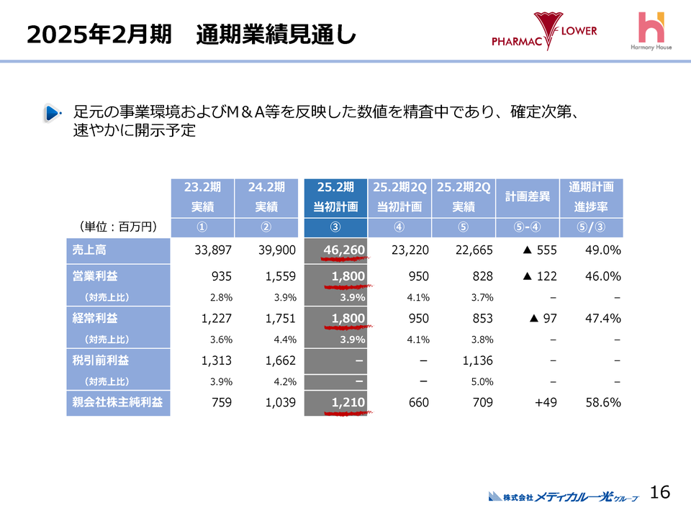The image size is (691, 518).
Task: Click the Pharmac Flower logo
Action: tap(544, 32)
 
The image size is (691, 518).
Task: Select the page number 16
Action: tap(659, 492)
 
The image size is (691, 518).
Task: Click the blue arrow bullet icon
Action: tap(53, 113)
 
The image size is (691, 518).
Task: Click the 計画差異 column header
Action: tap(527, 196)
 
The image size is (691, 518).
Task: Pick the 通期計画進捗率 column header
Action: tap(591, 196)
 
